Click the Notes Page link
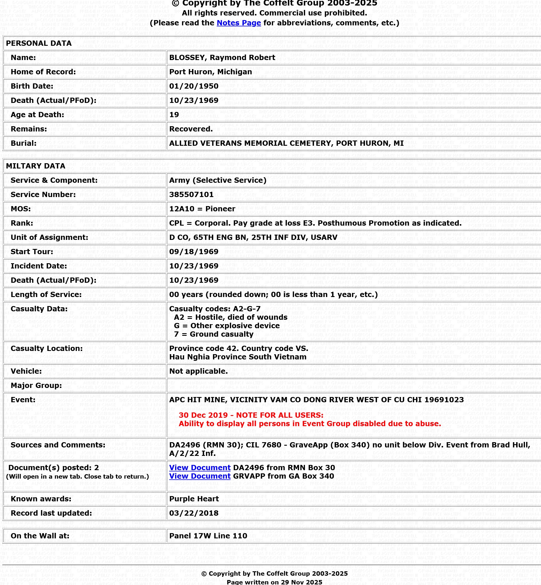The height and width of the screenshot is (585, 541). pyautogui.click(x=239, y=23)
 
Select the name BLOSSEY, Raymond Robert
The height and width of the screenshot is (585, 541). pyautogui.click(x=222, y=57)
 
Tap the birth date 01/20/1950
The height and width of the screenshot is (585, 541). pyautogui.click(x=193, y=86)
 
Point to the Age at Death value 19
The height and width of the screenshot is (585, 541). pyautogui.click(x=174, y=115)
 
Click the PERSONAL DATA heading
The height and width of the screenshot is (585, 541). pyautogui.click(x=39, y=43)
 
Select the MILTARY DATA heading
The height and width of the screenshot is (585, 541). pyautogui.click(x=36, y=166)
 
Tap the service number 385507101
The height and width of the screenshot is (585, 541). pyautogui.click(x=191, y=194)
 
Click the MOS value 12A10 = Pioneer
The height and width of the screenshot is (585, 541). pyautogui.click(x=202, y=209)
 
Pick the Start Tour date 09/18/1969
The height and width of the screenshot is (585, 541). pyautogui.click(x=193, y=252)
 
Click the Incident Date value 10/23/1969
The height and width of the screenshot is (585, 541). pyautogui.click(x=193, y=266)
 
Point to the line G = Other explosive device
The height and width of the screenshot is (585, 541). pyautogui.click(x=227, y=326)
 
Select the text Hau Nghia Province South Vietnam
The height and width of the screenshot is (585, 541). pyautogui.click(x=238, y=357)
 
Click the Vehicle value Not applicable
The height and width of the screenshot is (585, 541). pyautogui.click(x=198, y=371)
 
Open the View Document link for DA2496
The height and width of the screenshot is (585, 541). pyautogui.click(x=200, y=468)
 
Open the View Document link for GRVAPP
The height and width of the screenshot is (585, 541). pyautogui.click(x=200, y=476)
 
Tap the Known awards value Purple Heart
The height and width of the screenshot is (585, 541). pyautogui.click(x=194, y=499)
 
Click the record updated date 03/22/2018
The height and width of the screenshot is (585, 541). pyautogui.click(x=193, y=513)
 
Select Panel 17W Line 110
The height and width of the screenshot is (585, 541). pyautogui.click(x=208, y=536)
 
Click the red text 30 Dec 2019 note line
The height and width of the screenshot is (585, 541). pyautogui.click(x=251, y=415)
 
